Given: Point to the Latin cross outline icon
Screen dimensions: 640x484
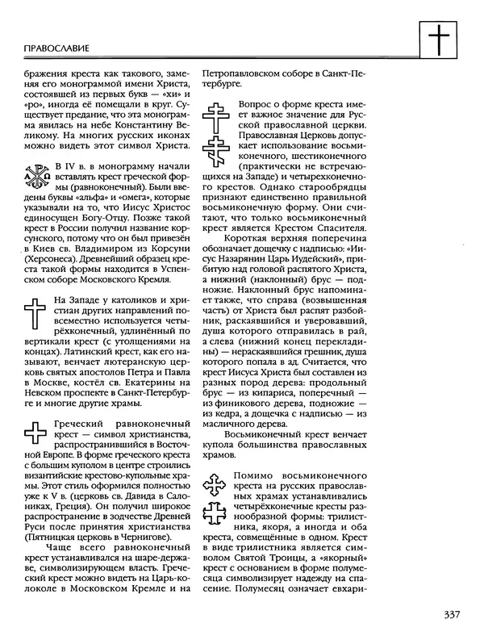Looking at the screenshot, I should pyautogui.click(x=35, y=314).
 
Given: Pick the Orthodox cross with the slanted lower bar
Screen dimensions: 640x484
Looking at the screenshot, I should pyautogui.click(x=219, y=153).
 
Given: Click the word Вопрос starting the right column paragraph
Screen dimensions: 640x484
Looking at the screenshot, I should pyautogui.click(x=257, y=105).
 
